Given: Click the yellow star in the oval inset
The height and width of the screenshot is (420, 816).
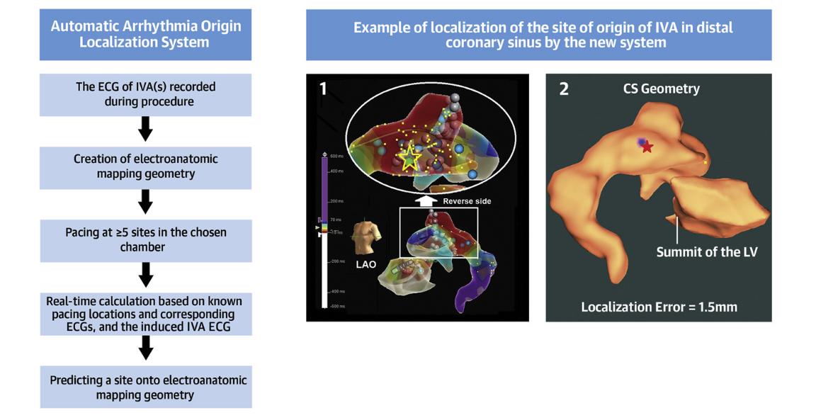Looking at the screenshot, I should (x=409, y=157).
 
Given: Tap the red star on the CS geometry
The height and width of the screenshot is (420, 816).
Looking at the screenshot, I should (x=647, y=147).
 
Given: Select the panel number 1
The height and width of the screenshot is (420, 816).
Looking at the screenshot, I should (x=323, y=89).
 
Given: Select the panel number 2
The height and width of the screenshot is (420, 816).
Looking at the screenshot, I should (x=564, y=90).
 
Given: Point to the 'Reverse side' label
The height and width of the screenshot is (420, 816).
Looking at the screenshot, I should (x=467, y=201).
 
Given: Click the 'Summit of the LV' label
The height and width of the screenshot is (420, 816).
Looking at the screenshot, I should (x=706, y=252).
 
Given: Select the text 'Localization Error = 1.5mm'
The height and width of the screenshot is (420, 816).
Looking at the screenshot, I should (x=659, y=307).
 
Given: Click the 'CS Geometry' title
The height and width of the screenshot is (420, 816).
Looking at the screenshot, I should (x=661, y=89).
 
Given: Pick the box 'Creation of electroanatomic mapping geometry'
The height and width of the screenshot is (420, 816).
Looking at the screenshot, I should (x=145, y=167).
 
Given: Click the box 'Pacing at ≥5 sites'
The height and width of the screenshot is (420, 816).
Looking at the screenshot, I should (x=145, y=240).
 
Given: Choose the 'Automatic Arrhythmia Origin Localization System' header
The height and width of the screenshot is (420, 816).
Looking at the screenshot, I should (x=145, y=34).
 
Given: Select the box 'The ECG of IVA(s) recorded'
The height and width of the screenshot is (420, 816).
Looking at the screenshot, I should (x=145, y=94).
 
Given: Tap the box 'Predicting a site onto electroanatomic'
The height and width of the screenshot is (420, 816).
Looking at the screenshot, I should (x=147, y=387).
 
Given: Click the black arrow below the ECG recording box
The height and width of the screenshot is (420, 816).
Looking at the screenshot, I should (x=145, y=130).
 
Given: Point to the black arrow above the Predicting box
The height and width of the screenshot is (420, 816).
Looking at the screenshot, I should (x=146, y=348).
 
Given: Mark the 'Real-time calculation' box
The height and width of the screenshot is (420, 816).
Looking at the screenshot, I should (x=145, y=314).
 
